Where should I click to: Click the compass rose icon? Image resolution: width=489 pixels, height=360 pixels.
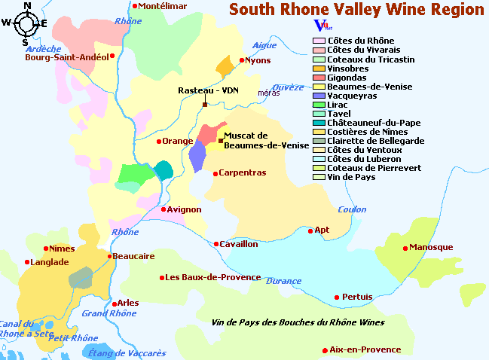click(x=24, y=23)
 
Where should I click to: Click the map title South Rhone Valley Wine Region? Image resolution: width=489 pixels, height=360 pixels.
click(x=356, y=10)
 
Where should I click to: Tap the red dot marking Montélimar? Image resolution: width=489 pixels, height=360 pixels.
click(x=135, y=6)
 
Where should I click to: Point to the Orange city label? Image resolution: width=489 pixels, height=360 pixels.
click(x=178, y=141)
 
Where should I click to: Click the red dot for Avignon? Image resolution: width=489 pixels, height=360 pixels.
click(x=164, y=209)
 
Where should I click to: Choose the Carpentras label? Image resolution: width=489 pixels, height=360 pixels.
click(x=242, y=172)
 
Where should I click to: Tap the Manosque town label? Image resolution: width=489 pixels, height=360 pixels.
click(x=431, y=247)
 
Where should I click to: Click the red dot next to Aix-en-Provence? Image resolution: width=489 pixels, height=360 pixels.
click(x=325, y=349)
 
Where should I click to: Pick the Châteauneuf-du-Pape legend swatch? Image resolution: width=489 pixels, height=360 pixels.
click(x=319, y=122)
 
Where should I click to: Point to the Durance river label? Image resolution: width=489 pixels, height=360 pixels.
click(x=284, y=281)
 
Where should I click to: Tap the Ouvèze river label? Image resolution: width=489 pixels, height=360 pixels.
click(x=287, y=87)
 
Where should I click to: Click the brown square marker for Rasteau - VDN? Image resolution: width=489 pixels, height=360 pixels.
click(x=204, y=104)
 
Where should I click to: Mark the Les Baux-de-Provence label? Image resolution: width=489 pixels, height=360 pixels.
click(x=213, y=277)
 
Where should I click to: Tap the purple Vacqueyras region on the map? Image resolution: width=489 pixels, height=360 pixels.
click(x=197, y=156)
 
